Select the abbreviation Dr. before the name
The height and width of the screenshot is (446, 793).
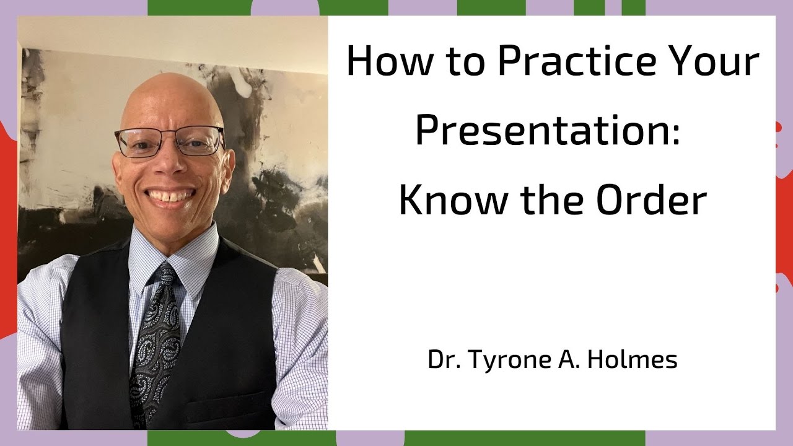(x=440, y=360)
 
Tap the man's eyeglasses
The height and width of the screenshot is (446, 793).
(x=170, y=141)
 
